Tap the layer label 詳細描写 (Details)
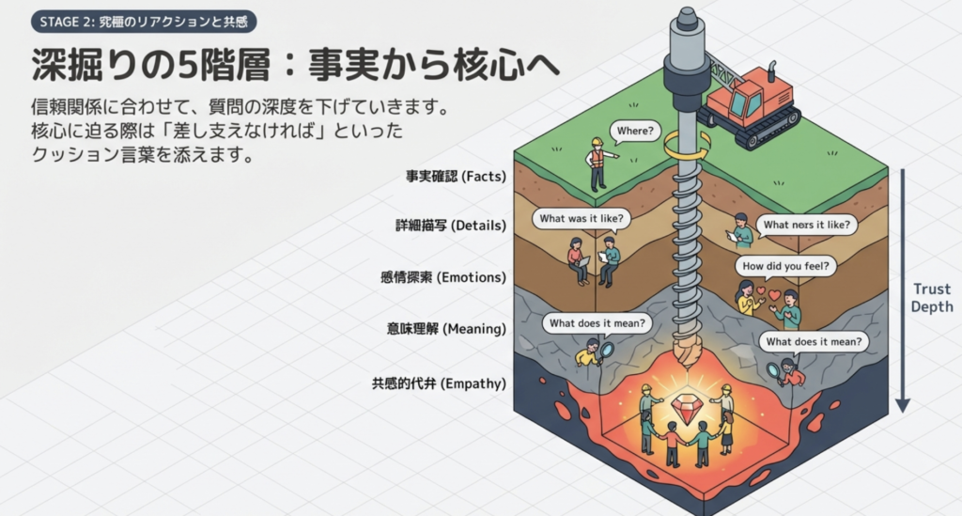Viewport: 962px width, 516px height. click(x=451, y=226)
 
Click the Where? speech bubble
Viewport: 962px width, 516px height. click(x=634, y=131)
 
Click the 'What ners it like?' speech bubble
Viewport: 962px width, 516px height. click(x=806, y=225)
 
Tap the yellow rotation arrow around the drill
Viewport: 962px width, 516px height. click(x=686, y=147)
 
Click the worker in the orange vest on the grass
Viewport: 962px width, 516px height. click(x=596, y=164)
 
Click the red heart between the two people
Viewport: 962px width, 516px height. click(x=775, y=294)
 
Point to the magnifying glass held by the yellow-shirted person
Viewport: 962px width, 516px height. click(x=607, y=351)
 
